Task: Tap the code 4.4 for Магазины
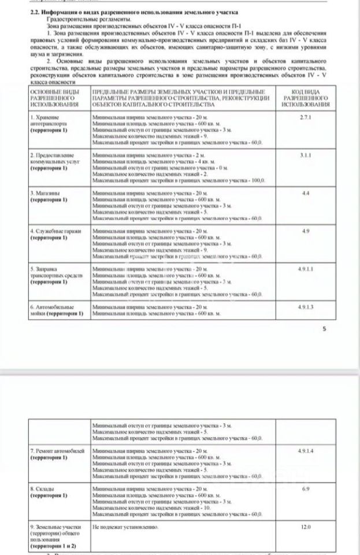pyautogui.click(x=306, y=193)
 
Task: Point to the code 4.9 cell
pyautogui.click(x=306, y=231)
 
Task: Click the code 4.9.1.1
pyautogui.click(x=306, y=269)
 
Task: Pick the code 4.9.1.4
pyautogui.click(x=306, y=450)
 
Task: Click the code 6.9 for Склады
pyautogui.click(x=306, y=489)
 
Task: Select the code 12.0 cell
pyautogui.click(x=306, y=527)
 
